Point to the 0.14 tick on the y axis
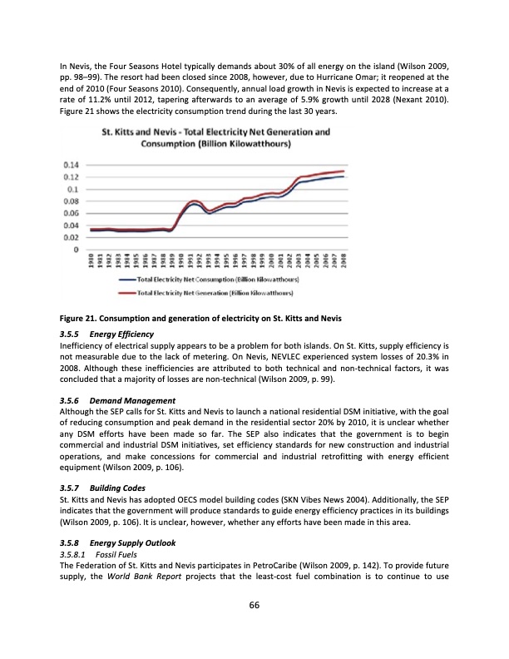72,165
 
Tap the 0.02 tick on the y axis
72,237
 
